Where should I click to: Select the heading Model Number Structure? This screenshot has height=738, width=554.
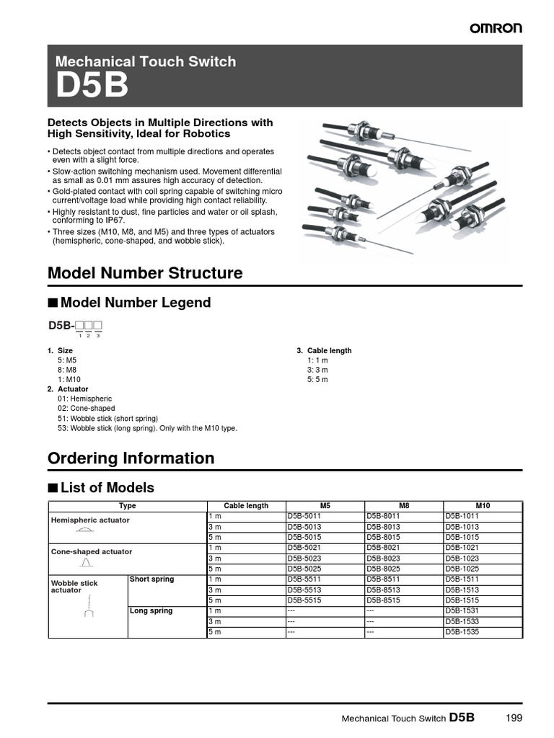144,273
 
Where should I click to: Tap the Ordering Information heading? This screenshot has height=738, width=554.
131,458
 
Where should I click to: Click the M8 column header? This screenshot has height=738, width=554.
404,506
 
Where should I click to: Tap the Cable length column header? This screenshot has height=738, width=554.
246,506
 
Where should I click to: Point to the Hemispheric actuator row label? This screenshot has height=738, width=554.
90,520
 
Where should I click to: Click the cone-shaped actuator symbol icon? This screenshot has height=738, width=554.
85,561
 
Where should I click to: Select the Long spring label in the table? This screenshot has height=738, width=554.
151,611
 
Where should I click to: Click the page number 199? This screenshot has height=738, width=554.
514,718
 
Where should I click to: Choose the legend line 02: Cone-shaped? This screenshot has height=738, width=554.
86,408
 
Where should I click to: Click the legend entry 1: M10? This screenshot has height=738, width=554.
69,379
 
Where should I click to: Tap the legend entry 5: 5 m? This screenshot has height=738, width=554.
317,379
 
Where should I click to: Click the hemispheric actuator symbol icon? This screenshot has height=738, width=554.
85,530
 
